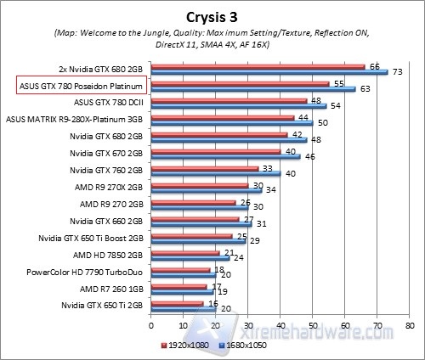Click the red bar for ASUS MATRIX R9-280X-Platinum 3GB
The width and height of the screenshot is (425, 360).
(x=222, y=117)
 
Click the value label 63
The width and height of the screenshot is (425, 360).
(x=363, y=88)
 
